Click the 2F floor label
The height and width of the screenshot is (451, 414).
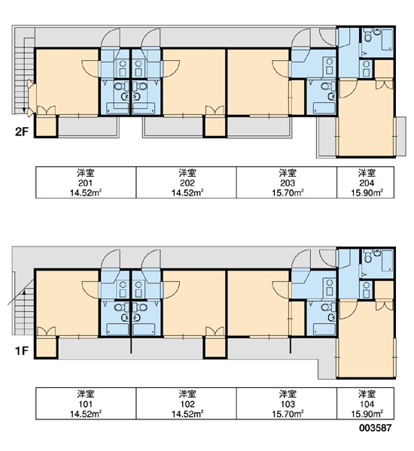click(22, 132)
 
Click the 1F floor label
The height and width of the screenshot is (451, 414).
click(22, 350)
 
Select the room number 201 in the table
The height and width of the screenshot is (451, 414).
click(85, 183)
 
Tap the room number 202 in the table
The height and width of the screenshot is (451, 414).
click(187, 183)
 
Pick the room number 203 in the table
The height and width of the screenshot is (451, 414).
click(288, 183)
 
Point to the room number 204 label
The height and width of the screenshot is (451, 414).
click(367, 183)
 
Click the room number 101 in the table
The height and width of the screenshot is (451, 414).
click(85, 404)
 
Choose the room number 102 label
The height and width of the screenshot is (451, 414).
click(187, 404)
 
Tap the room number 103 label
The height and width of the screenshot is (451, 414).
click(288, 404)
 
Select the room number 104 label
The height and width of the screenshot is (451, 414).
click(367, 404)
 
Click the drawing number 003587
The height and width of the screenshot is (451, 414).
click(375, 428)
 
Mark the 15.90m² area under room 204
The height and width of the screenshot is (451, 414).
click(367, 192)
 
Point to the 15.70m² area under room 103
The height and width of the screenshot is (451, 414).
click(288, 414)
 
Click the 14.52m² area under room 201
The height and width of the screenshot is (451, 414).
click(86, 192)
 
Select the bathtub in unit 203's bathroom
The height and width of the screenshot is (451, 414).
click(324, 108)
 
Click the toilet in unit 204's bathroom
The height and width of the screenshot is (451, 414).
click(367, 36)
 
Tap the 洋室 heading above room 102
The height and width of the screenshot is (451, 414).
click(187, 394)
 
